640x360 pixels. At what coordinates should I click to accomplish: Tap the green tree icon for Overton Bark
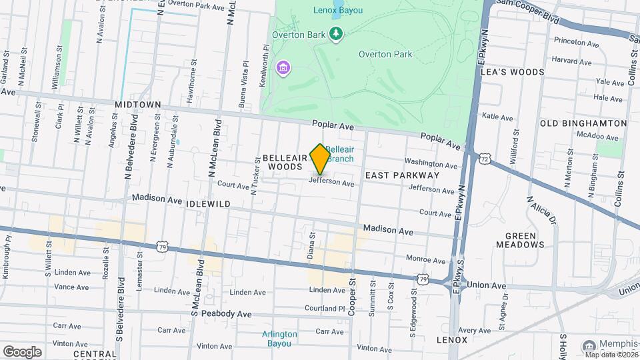point(337,34)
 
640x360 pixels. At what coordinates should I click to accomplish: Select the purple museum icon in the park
point(284,68)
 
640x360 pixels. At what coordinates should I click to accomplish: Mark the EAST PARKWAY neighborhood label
point(402,175)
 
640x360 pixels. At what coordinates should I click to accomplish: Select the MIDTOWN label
point(138,105)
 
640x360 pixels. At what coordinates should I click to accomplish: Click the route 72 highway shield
point(485,159)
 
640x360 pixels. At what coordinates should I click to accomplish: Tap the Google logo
point(22,351)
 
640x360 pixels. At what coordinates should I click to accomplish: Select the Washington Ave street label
point(431,163)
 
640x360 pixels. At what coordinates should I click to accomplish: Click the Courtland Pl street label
point(325,309)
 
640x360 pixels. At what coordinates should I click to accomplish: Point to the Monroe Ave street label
point(425,259)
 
